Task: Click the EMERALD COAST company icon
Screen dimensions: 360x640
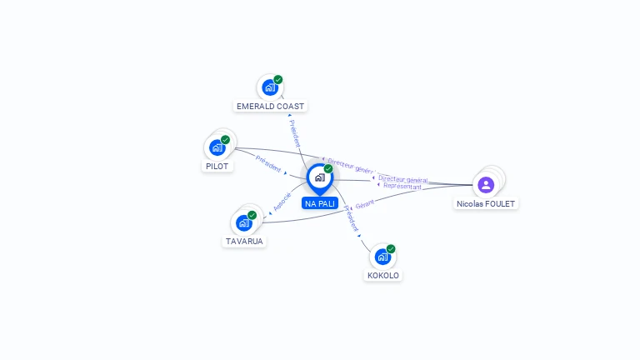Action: (x=269, y=87)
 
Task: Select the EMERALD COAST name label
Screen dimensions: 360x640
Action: (x=271, y=107)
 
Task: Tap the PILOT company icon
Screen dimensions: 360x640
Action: (x=217, y=147)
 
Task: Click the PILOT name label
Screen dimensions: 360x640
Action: (x=217, y=166)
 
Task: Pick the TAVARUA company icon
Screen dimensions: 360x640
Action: (x=243, y=222)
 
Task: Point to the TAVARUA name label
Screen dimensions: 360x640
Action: (x=244, y=242)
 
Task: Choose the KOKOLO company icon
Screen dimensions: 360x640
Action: (x=382, y=257)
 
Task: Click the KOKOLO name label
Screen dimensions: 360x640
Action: (x=383, y=275)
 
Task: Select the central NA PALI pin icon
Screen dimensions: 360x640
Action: (x=319, y=177)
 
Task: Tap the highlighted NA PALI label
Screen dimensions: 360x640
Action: (x=320, y=203)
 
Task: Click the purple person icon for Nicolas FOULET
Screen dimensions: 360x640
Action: (x=486, y=184)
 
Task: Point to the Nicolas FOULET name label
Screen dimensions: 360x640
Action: (x=487, y=203)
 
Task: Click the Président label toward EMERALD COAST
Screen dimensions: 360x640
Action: (x=294, y=133)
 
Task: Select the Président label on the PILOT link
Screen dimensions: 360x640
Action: (x=268, y=162)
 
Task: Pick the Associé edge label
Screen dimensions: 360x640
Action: (x=282, y=201)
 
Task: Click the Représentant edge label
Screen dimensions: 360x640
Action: (x=402, y=187)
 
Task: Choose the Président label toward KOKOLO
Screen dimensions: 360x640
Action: (x=351, y=218)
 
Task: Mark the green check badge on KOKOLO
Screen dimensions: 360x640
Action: (x=391, y=248)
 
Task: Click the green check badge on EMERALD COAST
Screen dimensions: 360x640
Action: (x=278, y=79)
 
